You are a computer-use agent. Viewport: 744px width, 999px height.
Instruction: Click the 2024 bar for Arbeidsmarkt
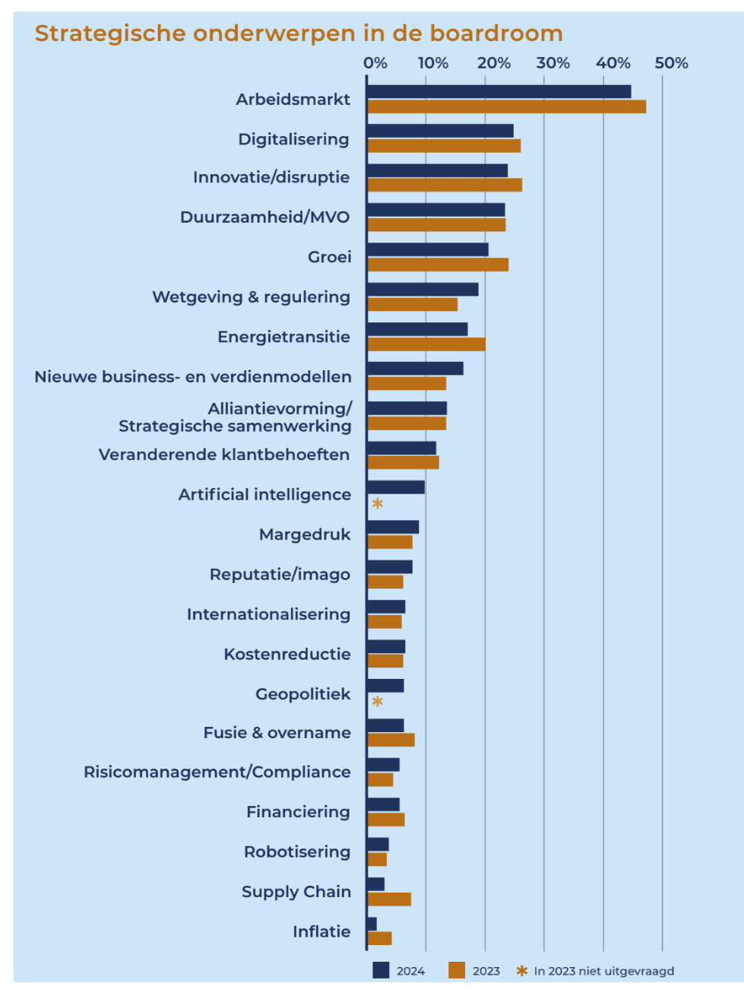coord(499,92)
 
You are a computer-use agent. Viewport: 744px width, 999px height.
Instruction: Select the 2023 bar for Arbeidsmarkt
coord(506,106)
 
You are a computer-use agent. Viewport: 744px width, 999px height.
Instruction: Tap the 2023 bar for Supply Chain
coord(389,899)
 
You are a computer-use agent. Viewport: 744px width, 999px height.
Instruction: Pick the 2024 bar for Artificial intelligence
coord(395,487)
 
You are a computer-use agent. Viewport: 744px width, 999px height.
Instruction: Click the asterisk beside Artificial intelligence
coord(377,504)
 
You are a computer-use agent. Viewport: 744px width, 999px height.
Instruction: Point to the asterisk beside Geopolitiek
coord(377,702)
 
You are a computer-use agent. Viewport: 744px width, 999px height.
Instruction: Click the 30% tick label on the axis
coord(552,63)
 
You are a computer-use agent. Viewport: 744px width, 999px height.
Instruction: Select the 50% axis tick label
coord(671,63)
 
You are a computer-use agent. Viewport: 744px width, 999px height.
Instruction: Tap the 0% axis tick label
coord(375,63)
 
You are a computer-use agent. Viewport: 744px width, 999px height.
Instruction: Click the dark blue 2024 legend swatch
coord(381,970)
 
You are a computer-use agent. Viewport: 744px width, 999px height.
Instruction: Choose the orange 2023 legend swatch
coord(457,970)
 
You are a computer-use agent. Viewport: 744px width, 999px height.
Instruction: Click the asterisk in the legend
coord(521,971)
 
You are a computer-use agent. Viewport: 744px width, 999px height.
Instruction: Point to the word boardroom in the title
coord(496,33)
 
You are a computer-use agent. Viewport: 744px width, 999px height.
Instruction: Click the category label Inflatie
coord(321,931)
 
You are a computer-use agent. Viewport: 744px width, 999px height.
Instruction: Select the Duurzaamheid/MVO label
coord(264,217)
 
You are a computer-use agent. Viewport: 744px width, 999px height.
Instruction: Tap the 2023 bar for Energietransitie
coord(426,344)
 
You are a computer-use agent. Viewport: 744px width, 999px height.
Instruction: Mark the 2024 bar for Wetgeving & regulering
coord(423,290)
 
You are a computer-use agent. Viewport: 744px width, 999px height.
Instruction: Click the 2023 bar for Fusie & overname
coord(391,740)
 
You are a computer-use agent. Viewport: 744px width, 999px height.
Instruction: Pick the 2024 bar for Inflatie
coord(372,924)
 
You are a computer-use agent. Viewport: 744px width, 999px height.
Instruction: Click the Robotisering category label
coord(297,852)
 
